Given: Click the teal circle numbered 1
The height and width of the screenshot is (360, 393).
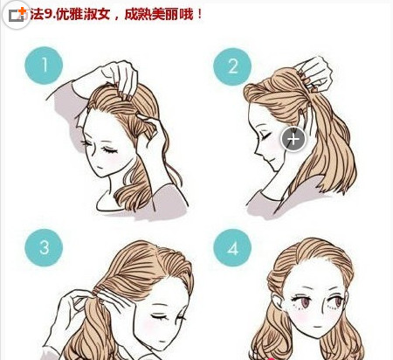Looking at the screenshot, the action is tap(44, 66).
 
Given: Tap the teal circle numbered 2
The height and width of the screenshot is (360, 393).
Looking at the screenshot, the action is tap(232, 66).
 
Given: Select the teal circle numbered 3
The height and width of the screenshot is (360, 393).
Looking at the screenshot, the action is tap(44, 247).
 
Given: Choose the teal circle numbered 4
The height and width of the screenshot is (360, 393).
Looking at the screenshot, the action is tap(232, 247).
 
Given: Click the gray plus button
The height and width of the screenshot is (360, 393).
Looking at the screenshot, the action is tap(293, 139).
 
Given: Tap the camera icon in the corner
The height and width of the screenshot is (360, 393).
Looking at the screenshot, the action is tap(17, 15).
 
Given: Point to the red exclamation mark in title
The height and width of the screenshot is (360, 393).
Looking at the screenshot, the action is tap(199, 14).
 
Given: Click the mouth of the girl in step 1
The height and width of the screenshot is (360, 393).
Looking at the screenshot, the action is tap(99, 167).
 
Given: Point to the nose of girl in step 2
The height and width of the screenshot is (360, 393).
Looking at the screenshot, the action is tap(257, 149).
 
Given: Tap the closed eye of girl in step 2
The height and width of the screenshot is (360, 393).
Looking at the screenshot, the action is tap(265, 136).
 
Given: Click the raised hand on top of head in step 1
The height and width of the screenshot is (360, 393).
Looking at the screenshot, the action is tap(121, 77).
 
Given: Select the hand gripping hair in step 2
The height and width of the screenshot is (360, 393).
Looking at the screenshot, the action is tap(316, 72).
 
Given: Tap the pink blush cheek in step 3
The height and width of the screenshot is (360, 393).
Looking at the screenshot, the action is tap(148, 326).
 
